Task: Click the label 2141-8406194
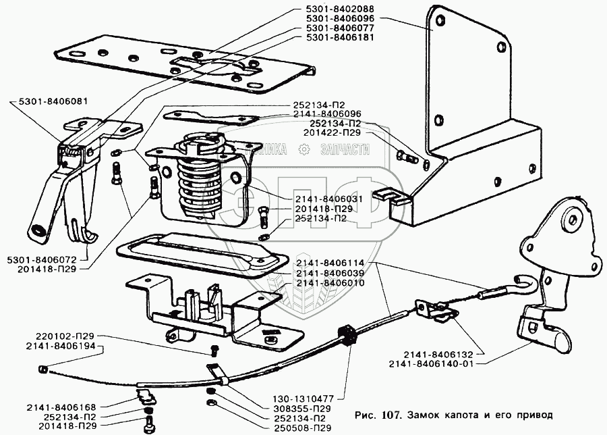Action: (66, 346)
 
